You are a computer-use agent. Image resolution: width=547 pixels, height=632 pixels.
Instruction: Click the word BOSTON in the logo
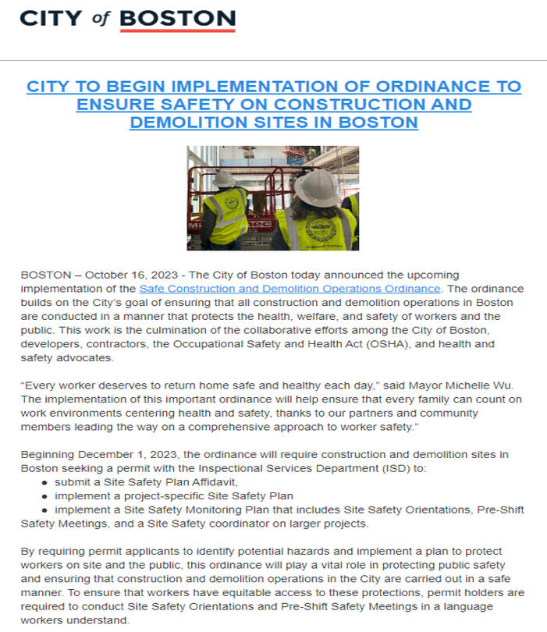tap(178, 17)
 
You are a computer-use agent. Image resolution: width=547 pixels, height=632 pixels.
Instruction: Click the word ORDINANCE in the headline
tap(414, 87)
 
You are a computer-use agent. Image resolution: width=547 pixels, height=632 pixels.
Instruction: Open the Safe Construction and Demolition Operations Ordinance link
tap(289, 288)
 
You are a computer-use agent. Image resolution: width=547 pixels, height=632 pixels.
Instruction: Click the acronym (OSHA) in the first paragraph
tap(385, 344)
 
